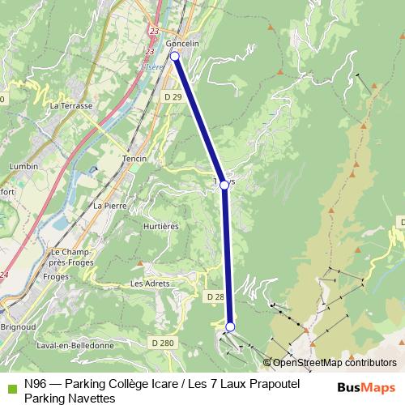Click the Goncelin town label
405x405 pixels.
(181, 43)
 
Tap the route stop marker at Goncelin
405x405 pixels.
(175, 56)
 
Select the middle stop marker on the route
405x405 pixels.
(224, 185)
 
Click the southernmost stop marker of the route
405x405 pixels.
(230, 327)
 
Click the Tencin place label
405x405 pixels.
(134, 159)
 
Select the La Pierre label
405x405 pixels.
(109, 206)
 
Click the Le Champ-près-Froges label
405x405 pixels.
(71, 257)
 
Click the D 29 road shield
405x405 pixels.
(171, 96)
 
